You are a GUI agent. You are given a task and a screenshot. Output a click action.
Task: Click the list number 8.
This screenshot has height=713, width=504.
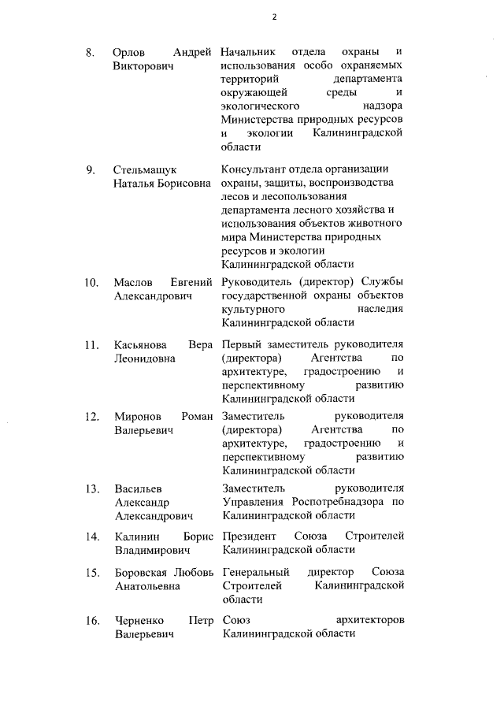(91, 53)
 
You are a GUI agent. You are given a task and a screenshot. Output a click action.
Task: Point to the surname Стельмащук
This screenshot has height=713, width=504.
(145, 170)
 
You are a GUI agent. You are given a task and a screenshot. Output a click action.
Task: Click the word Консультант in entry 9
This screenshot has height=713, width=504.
(254, 170)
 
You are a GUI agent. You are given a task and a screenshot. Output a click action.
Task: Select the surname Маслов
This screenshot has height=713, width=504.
(134, 283)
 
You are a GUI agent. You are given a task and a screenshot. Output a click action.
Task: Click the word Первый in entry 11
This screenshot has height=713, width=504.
(242, 345)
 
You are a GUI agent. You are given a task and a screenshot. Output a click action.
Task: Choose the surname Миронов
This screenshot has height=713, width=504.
(138, 416)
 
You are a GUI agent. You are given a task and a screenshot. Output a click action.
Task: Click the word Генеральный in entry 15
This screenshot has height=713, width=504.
(256, 572)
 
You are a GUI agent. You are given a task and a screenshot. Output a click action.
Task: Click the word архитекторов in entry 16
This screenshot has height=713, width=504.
(370, 621)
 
